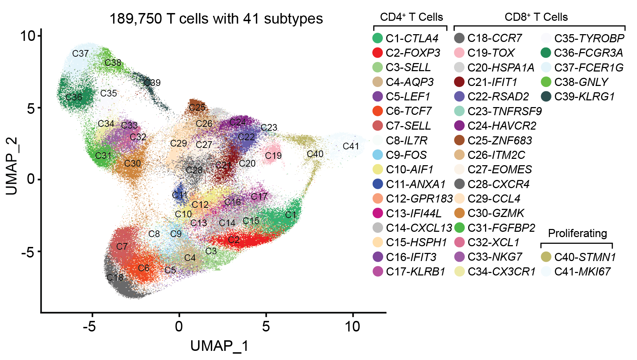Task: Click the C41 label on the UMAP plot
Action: click(x=351, y=146)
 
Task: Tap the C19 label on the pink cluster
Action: click(x=273, y=155)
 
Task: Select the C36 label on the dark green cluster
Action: click(x=74, y=97)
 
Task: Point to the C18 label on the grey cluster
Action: click(x=115, y=278)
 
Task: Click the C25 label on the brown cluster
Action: click(x=197, y=107)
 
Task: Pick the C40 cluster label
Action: click(x=315, y=154)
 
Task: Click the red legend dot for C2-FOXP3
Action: click(x=378, y=53)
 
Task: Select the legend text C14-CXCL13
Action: click(x=419, y=228)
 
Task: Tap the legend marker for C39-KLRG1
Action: click(x=546, y=97)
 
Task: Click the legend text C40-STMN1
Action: click(x=585, y=257)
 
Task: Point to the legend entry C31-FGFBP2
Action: click(x=501, y=228)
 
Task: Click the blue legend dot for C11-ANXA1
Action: click(x=378, y=184)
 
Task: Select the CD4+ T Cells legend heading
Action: click(x=411, y=17)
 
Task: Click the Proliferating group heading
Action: click(x=577, y=233)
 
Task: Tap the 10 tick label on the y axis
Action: click(x=28, y=36)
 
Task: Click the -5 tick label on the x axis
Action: click(x=89, y=327)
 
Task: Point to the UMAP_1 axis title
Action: click(x=219, y=346)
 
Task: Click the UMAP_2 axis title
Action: click(x=12, y=166)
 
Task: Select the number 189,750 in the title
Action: click(x=136, y=19)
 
